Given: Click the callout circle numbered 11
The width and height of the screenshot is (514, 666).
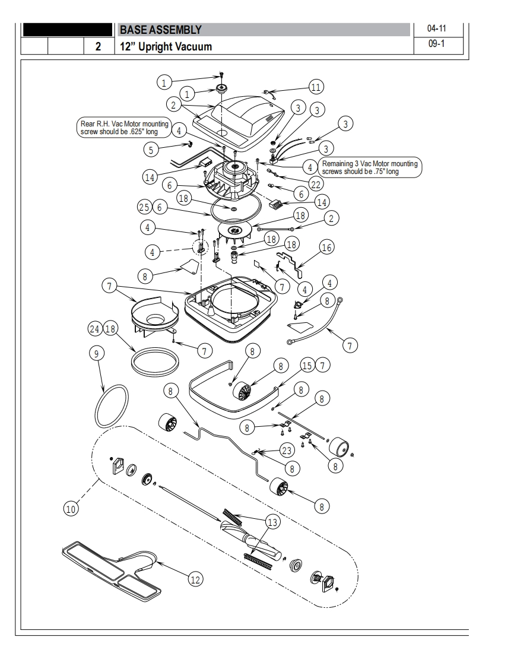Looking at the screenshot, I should (316, 87).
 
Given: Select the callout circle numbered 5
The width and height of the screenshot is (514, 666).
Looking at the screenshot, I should (151, 150).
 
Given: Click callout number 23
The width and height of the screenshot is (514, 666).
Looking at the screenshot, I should (287, 449).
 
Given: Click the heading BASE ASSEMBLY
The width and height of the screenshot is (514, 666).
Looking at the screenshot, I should (161, 29).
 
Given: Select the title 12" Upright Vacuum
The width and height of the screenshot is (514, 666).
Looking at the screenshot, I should (166, 46).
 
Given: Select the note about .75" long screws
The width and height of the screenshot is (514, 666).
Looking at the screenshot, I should (369, 167).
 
